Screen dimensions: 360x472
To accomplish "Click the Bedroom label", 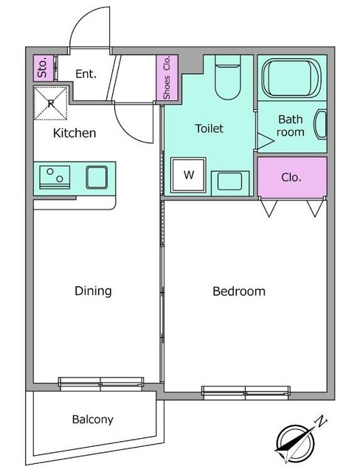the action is click(x=239, y=291).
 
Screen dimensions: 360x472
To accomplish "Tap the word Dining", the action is click(x=93, y=291).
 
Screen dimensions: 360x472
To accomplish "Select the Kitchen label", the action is click(x=75, y=133).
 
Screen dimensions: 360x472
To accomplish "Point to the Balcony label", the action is click(x=93, y=420).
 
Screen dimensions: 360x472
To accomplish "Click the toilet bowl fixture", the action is click(x=228, y=77).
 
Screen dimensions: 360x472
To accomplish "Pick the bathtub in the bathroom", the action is click(x=290, y=78).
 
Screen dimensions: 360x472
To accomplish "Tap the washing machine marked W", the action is click(x=188, y=175).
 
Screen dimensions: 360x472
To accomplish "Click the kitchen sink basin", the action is click(x=97, y=177).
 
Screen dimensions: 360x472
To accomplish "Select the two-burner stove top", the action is click(x=55, y=177).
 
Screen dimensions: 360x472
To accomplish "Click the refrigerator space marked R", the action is click(x=51, y=103).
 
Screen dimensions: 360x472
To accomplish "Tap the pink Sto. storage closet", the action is click(x=43, y=68).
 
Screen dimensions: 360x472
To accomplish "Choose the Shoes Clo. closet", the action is click(x=167, y=77).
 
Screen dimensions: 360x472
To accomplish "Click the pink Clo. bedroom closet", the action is click(x=292, y=177).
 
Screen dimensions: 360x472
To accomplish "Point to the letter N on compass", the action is click(x=321, y=421).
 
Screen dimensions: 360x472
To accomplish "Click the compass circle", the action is click(x=295, y=442).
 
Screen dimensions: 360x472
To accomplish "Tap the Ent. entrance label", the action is click(x=86, y=74).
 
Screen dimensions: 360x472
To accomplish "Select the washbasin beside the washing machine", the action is click(x=230, y=183).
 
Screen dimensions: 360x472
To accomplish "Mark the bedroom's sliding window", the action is click(x=246, y=392).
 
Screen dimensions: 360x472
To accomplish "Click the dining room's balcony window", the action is click(x=101, y=383).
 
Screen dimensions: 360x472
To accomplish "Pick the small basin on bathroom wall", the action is click(x=321, y=125).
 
